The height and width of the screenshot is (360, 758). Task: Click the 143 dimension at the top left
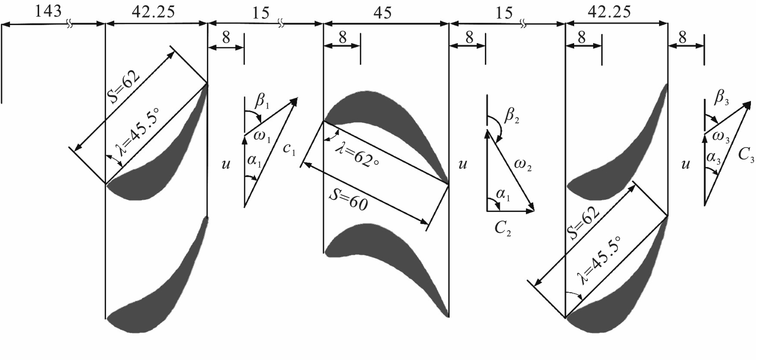[48, 12]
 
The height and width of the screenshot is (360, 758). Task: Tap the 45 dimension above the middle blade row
[383, 13]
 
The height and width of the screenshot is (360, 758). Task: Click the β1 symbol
[262, 101]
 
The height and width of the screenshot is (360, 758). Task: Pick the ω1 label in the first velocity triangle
[262, 137]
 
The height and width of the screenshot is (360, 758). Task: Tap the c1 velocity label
[289, 149]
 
